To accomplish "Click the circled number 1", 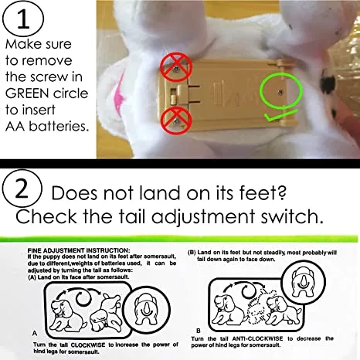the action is pos(23,19).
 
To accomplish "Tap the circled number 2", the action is pos(22,188).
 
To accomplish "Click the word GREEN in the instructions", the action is pos(25,93).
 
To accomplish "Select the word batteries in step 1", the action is pos(59,126).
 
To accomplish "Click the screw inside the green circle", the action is pos(281,92).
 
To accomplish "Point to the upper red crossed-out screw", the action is pos(176,68).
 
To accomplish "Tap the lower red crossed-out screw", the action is pos(176,121).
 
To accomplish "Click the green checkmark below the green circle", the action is pos(280,116).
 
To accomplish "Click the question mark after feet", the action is pos(283,193).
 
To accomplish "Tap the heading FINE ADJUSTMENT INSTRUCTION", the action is pos(79,250).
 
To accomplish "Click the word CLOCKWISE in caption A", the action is pos(88,345).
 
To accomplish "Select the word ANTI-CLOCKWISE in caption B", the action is pos(257,338).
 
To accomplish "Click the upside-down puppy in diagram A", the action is pos(105,314).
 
